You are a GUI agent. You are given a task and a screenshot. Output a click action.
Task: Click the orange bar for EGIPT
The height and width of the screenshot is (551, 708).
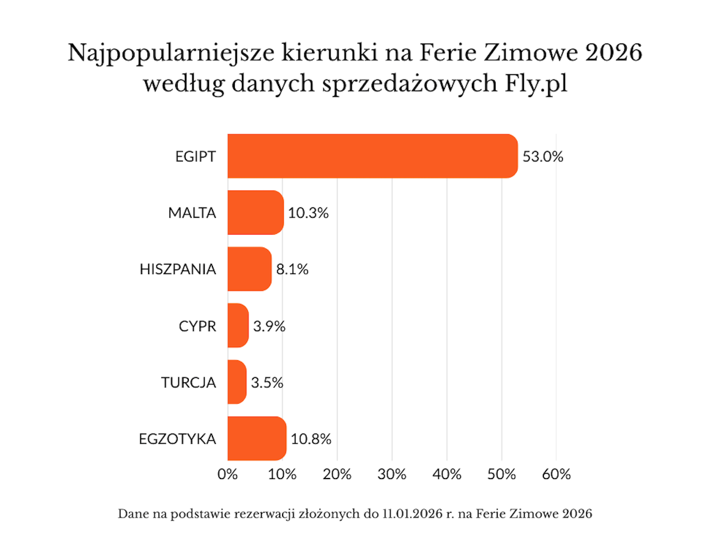(372, 156)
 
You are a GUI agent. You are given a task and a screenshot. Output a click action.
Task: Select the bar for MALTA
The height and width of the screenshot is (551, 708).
(255, 212)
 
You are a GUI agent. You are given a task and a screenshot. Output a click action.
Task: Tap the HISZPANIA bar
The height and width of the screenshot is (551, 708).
(250, 269)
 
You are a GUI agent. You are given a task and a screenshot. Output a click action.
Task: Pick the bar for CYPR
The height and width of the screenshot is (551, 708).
(238, 325)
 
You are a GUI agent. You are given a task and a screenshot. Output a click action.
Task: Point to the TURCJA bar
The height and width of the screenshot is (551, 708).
(237, 382)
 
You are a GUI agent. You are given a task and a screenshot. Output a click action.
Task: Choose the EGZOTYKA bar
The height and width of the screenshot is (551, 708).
(257, 438)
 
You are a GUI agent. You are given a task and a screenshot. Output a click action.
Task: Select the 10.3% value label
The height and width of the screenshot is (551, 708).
(309, 213)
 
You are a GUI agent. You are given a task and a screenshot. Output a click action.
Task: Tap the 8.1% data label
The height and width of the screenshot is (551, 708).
(293, 270)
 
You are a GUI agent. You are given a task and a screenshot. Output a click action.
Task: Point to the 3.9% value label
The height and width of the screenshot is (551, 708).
(270, 326)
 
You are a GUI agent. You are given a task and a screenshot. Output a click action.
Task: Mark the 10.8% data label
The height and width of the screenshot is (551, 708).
(311, 439)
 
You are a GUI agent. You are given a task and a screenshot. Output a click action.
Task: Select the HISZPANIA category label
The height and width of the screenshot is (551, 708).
(178, 270)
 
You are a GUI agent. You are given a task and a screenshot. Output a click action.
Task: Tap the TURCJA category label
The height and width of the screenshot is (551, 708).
(189, 382)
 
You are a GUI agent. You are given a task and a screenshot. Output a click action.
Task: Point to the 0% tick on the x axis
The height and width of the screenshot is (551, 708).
(228, 474)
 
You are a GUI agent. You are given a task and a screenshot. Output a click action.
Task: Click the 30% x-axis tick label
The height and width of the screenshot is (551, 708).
(392, 474)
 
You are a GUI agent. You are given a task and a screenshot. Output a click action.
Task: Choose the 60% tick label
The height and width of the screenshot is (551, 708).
(556, 474)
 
